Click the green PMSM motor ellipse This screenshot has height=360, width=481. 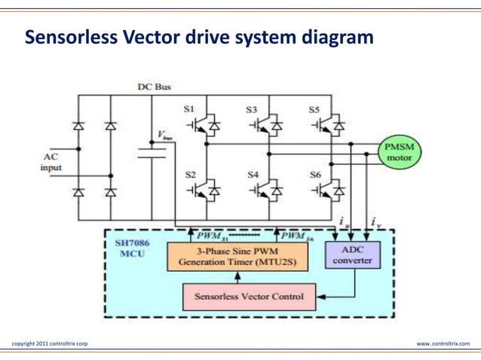point(400,152)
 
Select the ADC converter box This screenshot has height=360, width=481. point(351,255)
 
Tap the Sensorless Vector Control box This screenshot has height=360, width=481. point(249,296)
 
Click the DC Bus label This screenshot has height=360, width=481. point(154,87)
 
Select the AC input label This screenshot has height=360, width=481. point(51,162)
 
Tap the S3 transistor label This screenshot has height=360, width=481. point(252,108)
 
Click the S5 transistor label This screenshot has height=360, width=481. point(314,108)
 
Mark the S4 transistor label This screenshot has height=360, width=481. point(253,174)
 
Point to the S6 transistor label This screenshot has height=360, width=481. point(315,174)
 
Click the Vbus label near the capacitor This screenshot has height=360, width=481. point(165,136)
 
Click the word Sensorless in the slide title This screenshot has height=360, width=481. point(70,37)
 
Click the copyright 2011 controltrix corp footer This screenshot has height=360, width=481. point(50,343)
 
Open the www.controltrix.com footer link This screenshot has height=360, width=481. point(443,343)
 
